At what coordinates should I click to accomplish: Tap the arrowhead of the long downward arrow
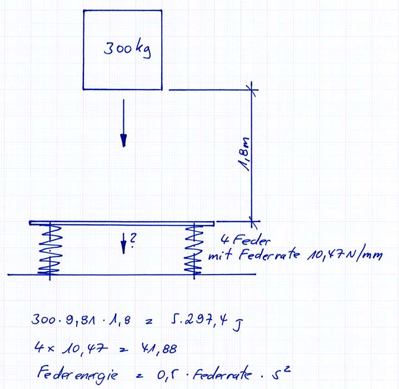[124, 141]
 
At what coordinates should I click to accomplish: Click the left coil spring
[50, 250]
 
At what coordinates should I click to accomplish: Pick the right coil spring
[194, 250]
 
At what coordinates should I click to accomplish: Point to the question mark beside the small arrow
[133, 241]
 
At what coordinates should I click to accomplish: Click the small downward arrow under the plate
[123, 243]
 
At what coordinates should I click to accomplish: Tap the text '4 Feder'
[245, 240]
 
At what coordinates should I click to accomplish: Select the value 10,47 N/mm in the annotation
[345, 255]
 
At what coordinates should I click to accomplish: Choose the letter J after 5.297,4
[237, 325]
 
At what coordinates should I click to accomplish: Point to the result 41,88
[159, 348]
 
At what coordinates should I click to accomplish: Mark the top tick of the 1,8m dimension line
[251, 89]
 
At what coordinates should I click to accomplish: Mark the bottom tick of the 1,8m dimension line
[252, 221]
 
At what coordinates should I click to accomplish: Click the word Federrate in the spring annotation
[269, 254]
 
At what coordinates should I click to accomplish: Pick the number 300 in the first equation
[43, 320]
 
